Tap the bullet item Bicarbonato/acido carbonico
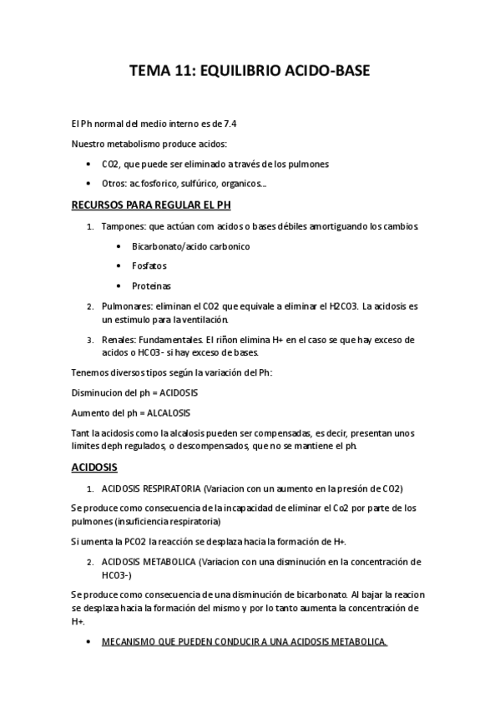click(190, 246)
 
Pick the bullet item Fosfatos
click(149, 266)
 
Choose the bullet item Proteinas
click(151, 286)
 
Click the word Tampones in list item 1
click(124, 226)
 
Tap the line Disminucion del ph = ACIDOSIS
click(134, 392)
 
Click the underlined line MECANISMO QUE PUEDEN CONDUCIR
click(244, 642)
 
